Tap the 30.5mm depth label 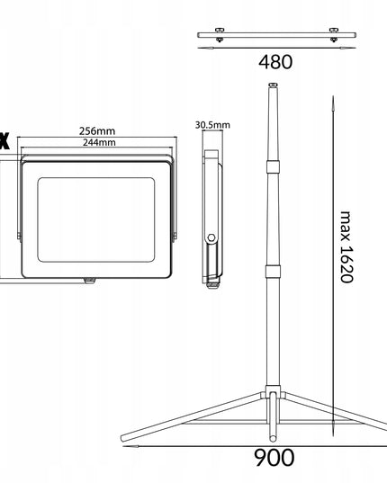(x=212, y=124)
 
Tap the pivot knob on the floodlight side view (x=212, y=237)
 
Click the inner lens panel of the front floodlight (x=95, y=214)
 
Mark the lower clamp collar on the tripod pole (x=272, y=272)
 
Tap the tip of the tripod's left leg (x=125, y=441)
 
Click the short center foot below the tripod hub (x=272, y=423)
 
